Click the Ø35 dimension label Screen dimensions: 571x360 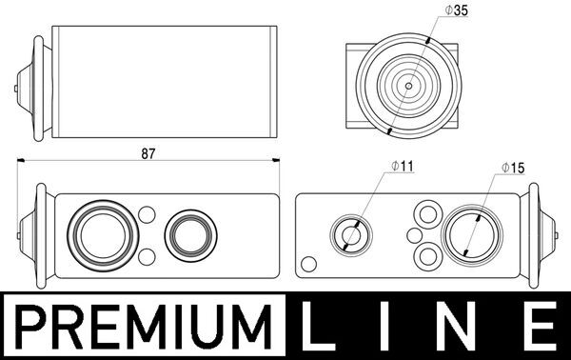click(456, 10)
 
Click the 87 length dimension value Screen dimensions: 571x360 click(148, 153)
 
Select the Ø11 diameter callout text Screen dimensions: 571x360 click(403, 166)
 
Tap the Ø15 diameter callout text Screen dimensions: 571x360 click(513, 168)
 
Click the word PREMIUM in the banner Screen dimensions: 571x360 click(145, 327)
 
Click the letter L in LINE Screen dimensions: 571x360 click(315, 327)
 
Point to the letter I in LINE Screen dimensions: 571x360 click(383, 327)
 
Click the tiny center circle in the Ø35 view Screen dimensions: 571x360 click(408, 86)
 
